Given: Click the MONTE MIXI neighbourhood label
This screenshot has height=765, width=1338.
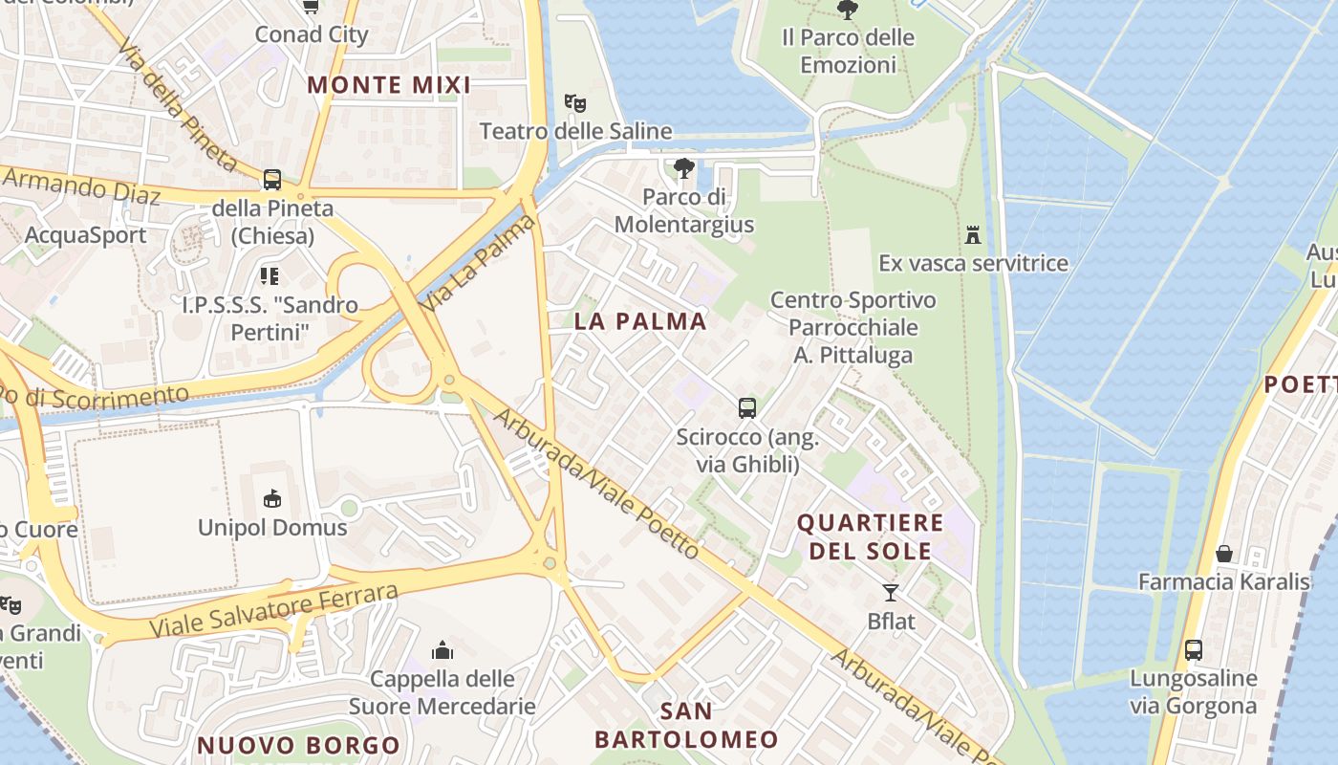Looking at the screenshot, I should pos(389,85).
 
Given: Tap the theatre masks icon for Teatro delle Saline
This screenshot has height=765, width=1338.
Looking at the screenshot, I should pos(574,101).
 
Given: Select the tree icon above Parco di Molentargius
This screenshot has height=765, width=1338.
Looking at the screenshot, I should pos(683,169).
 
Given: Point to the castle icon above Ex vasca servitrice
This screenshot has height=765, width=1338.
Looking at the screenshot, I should pos(973,234).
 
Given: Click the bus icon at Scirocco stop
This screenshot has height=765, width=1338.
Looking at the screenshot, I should pos(747,408).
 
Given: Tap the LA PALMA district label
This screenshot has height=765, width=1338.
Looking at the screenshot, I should pos(640,321).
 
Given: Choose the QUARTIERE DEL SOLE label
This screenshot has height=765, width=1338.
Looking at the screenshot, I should pos(870,536).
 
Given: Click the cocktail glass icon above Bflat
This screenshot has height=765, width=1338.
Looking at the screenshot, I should pos(891,593).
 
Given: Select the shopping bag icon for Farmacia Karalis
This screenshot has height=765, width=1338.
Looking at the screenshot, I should pos(1223,554).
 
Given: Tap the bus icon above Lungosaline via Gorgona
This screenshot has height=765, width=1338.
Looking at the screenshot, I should pos(1194,650).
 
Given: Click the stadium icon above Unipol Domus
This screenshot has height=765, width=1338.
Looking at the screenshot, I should pos(272,498).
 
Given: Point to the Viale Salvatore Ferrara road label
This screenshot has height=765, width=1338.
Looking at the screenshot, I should pos(273,611).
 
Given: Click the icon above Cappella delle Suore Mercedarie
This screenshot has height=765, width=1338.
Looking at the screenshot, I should pos(442,651).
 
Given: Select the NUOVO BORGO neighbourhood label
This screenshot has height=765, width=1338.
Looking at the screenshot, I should pos(298,745).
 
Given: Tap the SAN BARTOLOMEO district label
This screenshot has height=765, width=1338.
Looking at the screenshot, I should pos(686,725).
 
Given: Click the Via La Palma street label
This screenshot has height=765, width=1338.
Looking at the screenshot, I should pos(478,264).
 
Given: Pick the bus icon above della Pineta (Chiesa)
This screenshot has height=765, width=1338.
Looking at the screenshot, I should pos(272,180).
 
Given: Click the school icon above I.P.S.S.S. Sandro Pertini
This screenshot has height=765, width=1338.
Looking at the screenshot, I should pos(270,276).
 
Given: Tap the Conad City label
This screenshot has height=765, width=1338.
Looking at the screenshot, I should pos(311,34).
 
